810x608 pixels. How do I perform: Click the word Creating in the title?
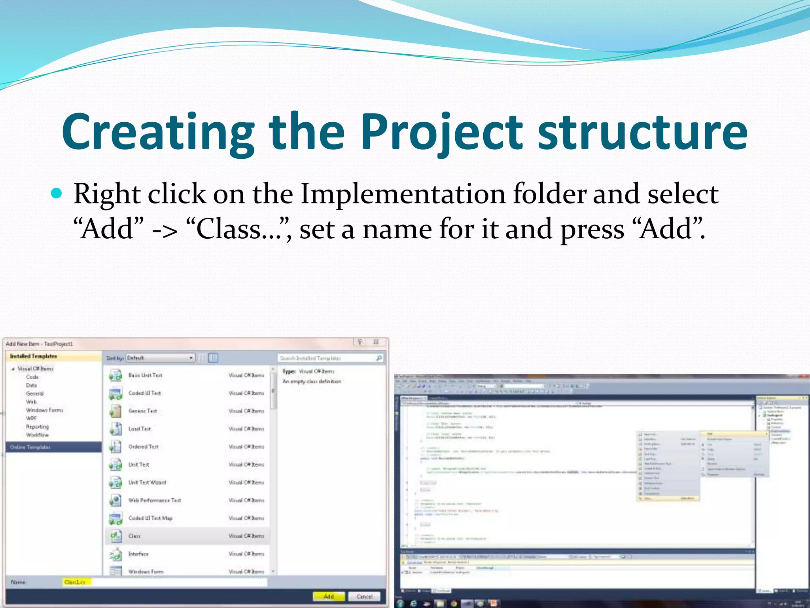click(158, 133)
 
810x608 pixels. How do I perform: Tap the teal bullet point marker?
click(57, 194)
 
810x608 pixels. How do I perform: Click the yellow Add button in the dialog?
click(329, 596)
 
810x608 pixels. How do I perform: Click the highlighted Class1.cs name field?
click(75, 582)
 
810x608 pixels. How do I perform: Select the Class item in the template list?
click(134, 536)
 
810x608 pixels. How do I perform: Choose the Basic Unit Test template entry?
click(145, 375)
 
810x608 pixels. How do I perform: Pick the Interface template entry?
click(138, 554)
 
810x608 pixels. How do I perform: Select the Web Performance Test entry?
click(154, 500)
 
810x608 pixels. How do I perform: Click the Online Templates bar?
click(53, 447)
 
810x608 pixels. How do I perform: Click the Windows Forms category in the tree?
click(44, 410)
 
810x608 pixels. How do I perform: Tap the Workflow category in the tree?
click(37, 435)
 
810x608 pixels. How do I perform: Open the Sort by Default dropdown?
click(160, 358)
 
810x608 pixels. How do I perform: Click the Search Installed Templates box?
click(328, 358)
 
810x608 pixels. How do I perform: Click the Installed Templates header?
click(34, 356)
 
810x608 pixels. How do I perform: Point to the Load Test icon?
click(115, 429)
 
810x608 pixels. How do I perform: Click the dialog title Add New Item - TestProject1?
click(40, 344)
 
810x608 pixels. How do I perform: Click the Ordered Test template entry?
click(143, 446)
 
